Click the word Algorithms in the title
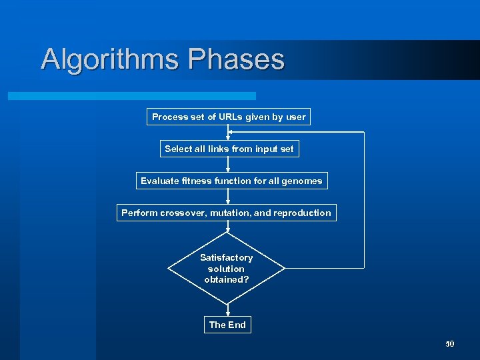[x=110, y=59]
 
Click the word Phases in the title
[x=236, y=59]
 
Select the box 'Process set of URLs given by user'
[x=229, y=117]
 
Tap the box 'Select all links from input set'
[x=229, y=149]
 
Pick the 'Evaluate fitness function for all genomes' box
[x=231, y=181]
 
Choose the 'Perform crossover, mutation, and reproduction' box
[x=226, y=213]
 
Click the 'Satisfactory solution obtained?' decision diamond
[x=227, y=269]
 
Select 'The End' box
[x=227, y=325]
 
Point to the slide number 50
[x=449, y=344]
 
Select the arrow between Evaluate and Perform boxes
[x=227, y=196]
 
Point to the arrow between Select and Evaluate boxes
[x=227, y=164]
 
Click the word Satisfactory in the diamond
[x=227, y=257]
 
